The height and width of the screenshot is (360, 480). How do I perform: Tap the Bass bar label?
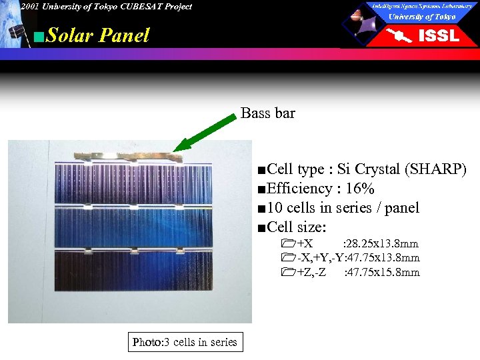[x=267, y=113]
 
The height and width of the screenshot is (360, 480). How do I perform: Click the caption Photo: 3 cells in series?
[x=185, y=342]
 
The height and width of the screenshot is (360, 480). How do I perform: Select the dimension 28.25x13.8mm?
[x=381, y=244]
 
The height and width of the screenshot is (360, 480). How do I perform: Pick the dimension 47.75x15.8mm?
[x=382, y=272]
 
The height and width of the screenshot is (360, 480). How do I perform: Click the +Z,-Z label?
[x=311, y=272]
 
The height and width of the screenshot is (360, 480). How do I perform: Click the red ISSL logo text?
[x=438, y=36]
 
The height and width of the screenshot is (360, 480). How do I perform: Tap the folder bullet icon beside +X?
[x=287, y=244]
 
